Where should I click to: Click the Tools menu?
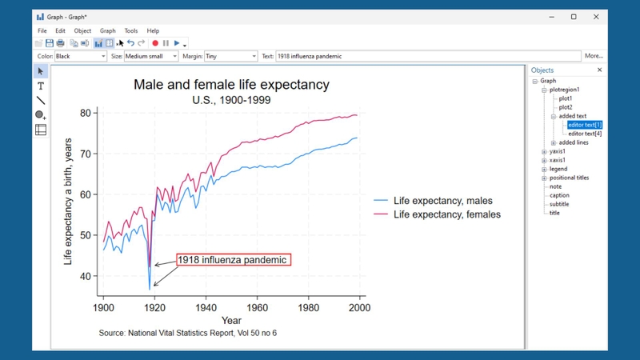(x=131, y=30)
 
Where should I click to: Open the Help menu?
(x=153, y=30)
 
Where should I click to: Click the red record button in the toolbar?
(x=155, y=43)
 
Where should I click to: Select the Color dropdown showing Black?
(x=81, y=56)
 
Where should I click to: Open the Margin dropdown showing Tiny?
(x=231, y=56)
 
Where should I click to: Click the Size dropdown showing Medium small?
(x=151, y=56)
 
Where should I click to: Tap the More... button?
(x=594, y=56)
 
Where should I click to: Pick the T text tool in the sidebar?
(x=41, y=86)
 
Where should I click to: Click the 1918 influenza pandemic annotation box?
(x=234, y=260)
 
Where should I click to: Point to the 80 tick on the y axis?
(x=86, y=113)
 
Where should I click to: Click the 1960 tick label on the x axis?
(x=257, y=308)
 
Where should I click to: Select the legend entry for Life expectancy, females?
(x=437, y=214)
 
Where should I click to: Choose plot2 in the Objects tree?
(x=566, y=107)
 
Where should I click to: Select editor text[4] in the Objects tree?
(x=585, y=134)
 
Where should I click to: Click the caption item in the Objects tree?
(x=559, y=195)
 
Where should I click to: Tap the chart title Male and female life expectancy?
(x=231, y=85)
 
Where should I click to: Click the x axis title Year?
(x=231, y=321)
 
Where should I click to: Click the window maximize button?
(x=574, y=17)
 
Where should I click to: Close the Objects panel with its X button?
(x=599, y=70)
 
